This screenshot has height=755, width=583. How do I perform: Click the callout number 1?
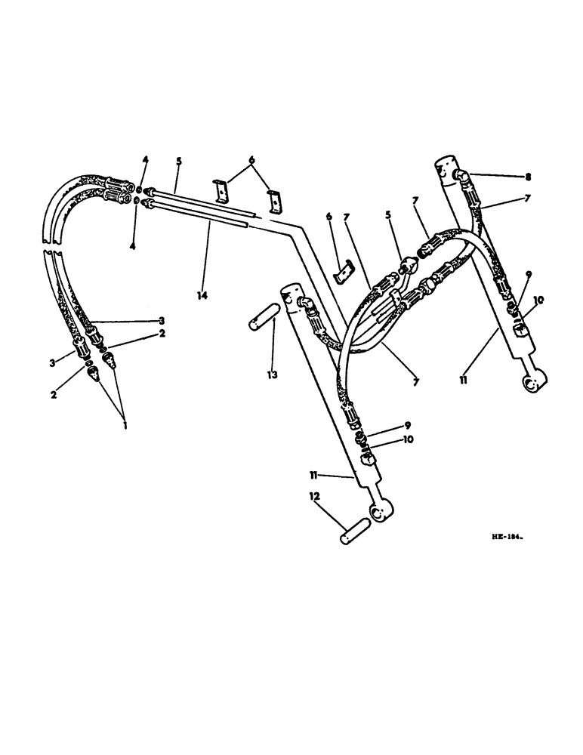(125, 426)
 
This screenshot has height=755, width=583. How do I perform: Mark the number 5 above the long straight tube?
(178, 162)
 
